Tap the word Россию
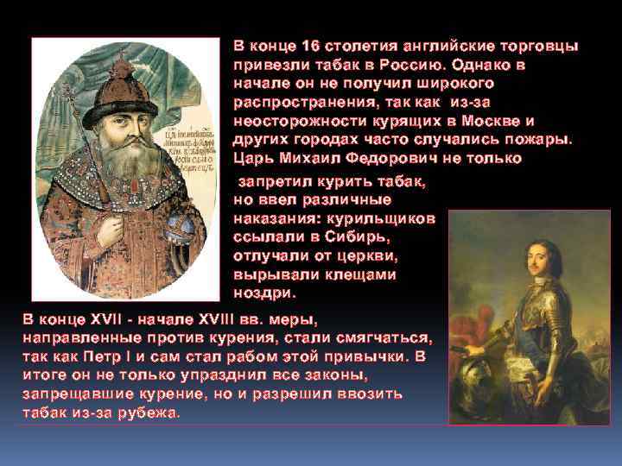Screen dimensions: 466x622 coord(416,65)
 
